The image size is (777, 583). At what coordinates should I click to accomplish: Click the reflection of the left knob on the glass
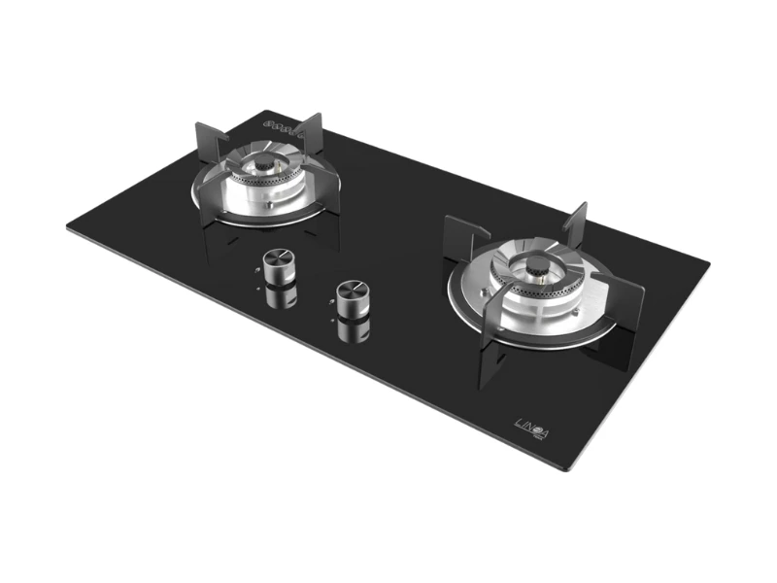(x=281, y=293)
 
